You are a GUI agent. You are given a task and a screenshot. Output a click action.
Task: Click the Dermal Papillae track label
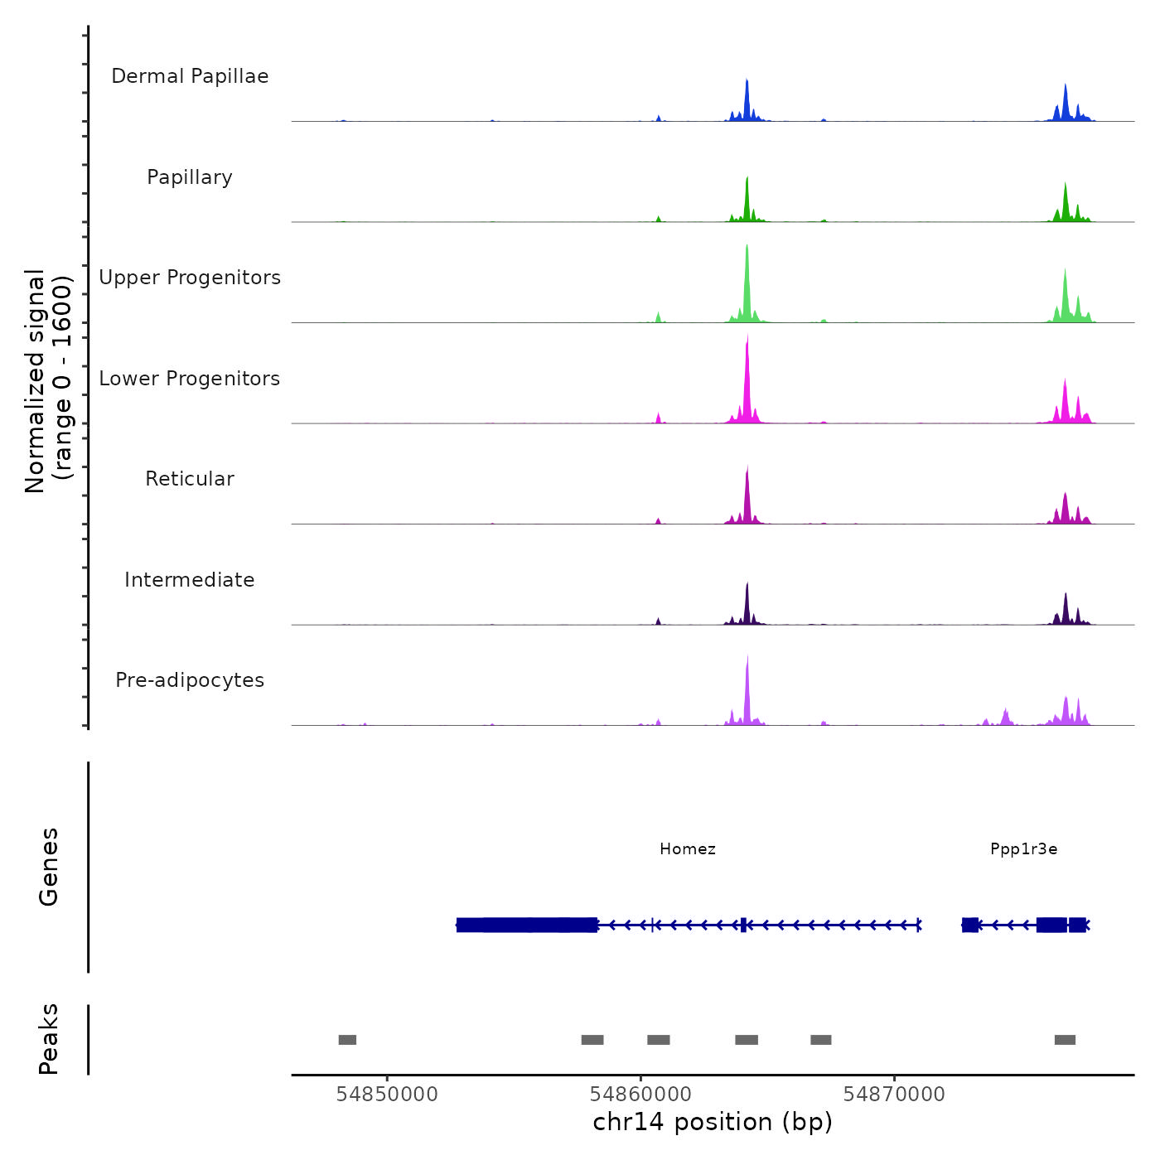pos(190,76)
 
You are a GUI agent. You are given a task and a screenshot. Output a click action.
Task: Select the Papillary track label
pos(190,177)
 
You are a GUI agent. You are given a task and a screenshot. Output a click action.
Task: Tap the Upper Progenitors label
pos(190,278)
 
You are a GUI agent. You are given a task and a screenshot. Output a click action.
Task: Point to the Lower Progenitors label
pos(190,379)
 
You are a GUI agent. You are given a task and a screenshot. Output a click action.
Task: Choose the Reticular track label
pos(190,479)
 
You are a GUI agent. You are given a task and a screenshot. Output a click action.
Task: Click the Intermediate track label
pos(190,580)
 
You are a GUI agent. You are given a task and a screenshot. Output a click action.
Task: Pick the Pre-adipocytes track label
pos(190,680)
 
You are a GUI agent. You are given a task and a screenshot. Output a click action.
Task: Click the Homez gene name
pos(688,848)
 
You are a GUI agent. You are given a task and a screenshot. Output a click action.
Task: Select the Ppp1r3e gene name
pos(1023,848)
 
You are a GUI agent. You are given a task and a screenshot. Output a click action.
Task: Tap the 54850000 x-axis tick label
pos(387,1094)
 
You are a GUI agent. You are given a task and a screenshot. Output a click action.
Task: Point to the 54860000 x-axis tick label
pos(640,1094)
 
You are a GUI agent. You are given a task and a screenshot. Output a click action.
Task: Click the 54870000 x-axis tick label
pos(894,1094)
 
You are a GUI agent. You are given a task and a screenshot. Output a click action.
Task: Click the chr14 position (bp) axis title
pos(713,1122)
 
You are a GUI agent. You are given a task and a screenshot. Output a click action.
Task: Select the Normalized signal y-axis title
pos(48,380)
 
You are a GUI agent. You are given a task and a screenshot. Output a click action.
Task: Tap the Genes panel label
pos(49,867)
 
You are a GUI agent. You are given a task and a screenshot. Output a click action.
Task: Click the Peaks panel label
pos(49,1039)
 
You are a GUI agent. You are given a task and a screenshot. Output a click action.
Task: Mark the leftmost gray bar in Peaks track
pos(347,1040)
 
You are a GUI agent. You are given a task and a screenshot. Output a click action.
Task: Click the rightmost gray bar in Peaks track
pos(1065,1040)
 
